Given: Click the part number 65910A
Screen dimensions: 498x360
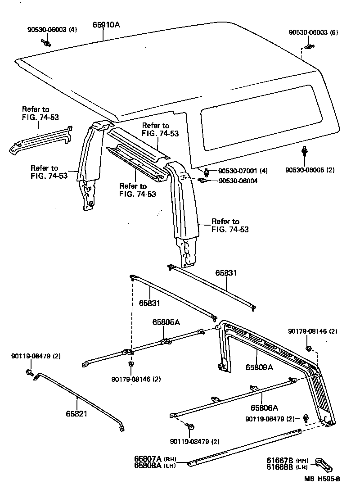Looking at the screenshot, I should (106, 25).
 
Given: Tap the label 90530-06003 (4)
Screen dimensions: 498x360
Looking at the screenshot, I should (52, 30).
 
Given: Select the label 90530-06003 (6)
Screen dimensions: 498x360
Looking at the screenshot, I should (313, 32).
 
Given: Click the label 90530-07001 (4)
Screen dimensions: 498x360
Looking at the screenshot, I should (243, 171).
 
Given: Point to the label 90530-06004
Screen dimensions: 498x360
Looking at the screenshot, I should (238, 181).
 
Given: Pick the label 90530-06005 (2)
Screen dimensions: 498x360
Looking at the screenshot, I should (310, 170).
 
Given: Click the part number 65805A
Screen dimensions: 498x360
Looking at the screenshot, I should (166, 322).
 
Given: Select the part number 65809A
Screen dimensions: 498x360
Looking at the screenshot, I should (259, 367).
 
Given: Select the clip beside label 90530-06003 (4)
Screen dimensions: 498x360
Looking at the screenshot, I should (46, 43).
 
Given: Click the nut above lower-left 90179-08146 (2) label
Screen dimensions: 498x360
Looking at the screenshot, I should (130, 363).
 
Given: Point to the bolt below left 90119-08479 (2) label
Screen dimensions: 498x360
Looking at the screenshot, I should (30, 372).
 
